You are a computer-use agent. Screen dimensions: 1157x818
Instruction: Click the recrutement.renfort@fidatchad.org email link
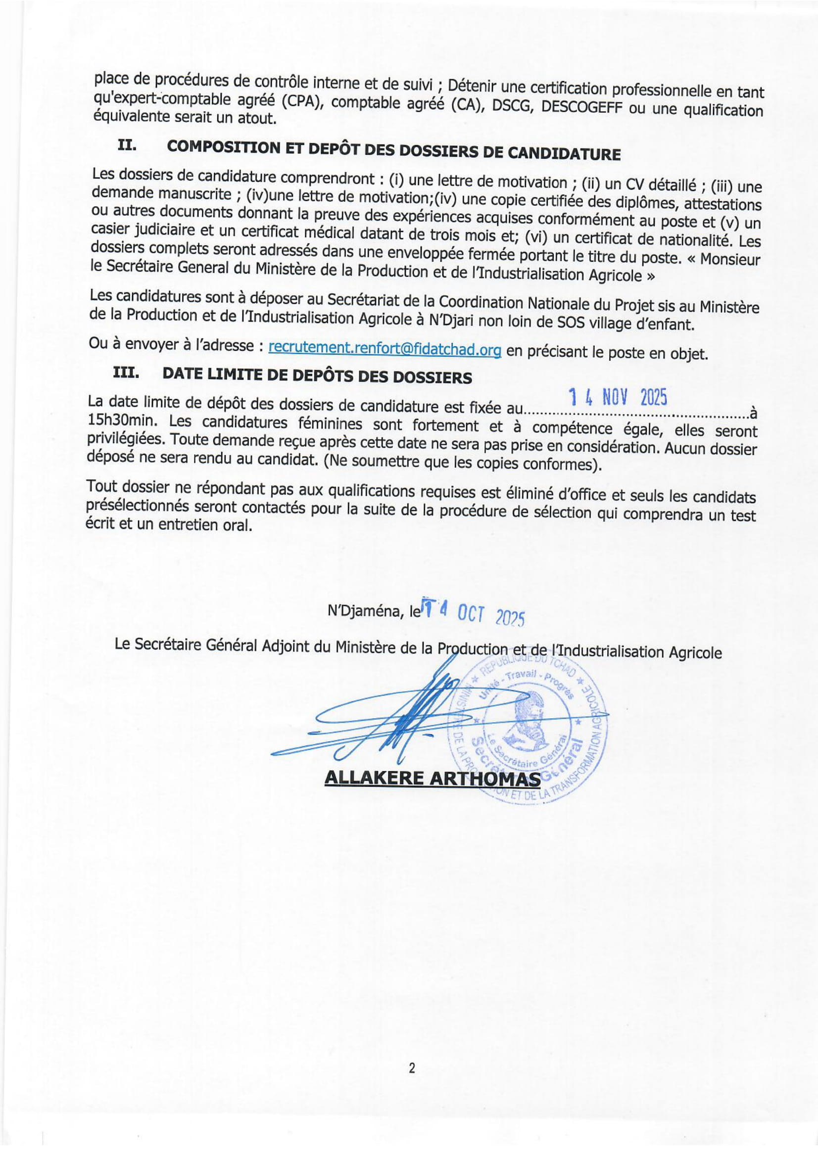click(x=385, y=348)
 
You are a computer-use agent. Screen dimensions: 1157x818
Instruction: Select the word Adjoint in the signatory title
click(x=286, y=646)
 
